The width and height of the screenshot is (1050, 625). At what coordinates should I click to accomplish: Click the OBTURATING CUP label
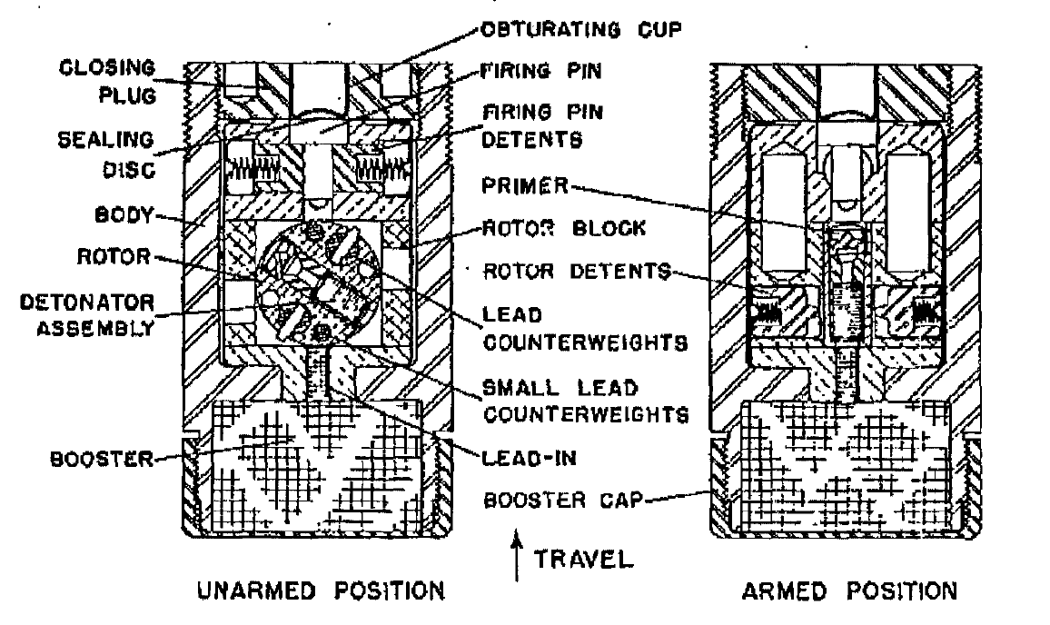coord(581,30)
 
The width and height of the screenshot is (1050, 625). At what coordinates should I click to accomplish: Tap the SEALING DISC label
coord(106,154)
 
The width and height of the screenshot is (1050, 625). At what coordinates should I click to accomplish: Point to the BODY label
coord(124,215)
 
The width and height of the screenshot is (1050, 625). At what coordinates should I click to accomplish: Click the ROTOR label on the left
coord(114,256)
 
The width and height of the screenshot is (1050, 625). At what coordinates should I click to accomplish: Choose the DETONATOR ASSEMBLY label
coord(87,315)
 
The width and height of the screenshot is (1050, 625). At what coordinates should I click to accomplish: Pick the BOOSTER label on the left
coord(102,460)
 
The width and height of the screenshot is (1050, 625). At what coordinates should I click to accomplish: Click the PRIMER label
coord(525,185)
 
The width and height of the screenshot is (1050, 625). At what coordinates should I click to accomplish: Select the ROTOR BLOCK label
coord(564,228)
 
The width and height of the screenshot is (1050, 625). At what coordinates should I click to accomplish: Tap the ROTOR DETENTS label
coord(577,272)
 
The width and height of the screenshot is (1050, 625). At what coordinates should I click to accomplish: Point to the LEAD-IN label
coord(529,459)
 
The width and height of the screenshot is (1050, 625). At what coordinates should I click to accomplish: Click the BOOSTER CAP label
coord(562,501)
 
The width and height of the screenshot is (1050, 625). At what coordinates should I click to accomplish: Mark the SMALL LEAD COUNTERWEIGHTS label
coord(585,402)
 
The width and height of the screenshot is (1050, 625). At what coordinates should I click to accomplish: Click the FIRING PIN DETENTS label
coord(541,125)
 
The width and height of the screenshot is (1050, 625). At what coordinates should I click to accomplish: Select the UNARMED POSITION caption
coord(322,590)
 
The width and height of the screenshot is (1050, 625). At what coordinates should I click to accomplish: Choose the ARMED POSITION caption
coord(850,590)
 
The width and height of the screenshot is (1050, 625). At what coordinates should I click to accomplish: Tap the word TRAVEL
coord(583,559)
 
